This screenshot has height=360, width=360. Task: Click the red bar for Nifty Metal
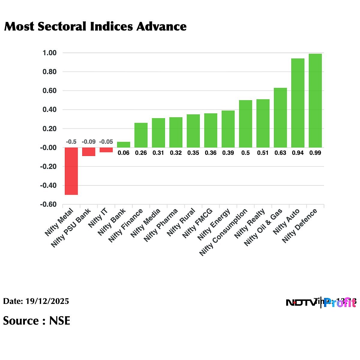(x=71, y=171)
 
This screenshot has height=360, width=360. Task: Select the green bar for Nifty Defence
(x=315, y=100)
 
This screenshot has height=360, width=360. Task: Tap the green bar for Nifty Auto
(x=298, y=103)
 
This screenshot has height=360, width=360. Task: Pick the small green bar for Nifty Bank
(x=124, y=145)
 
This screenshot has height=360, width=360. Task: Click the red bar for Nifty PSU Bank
(x=89, y=151)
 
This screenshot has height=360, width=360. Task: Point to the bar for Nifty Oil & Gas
(x=280, y=118)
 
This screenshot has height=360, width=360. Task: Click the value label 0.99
(x=315, y=153)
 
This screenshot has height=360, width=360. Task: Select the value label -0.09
(x=89, y=142)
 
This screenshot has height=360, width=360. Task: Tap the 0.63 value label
(x=280, y=153)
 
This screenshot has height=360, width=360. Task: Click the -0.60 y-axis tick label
(x=48, y=204)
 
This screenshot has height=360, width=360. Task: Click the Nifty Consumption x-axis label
(x=223, y=232)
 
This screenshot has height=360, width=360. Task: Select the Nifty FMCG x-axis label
(x=198, y=223)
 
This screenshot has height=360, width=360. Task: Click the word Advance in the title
(x=161, y=27)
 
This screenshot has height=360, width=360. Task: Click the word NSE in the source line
(x=60, y=321)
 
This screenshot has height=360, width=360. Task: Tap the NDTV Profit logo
(x=321, y=302)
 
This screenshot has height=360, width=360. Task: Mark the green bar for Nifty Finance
(x=141, y=135)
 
